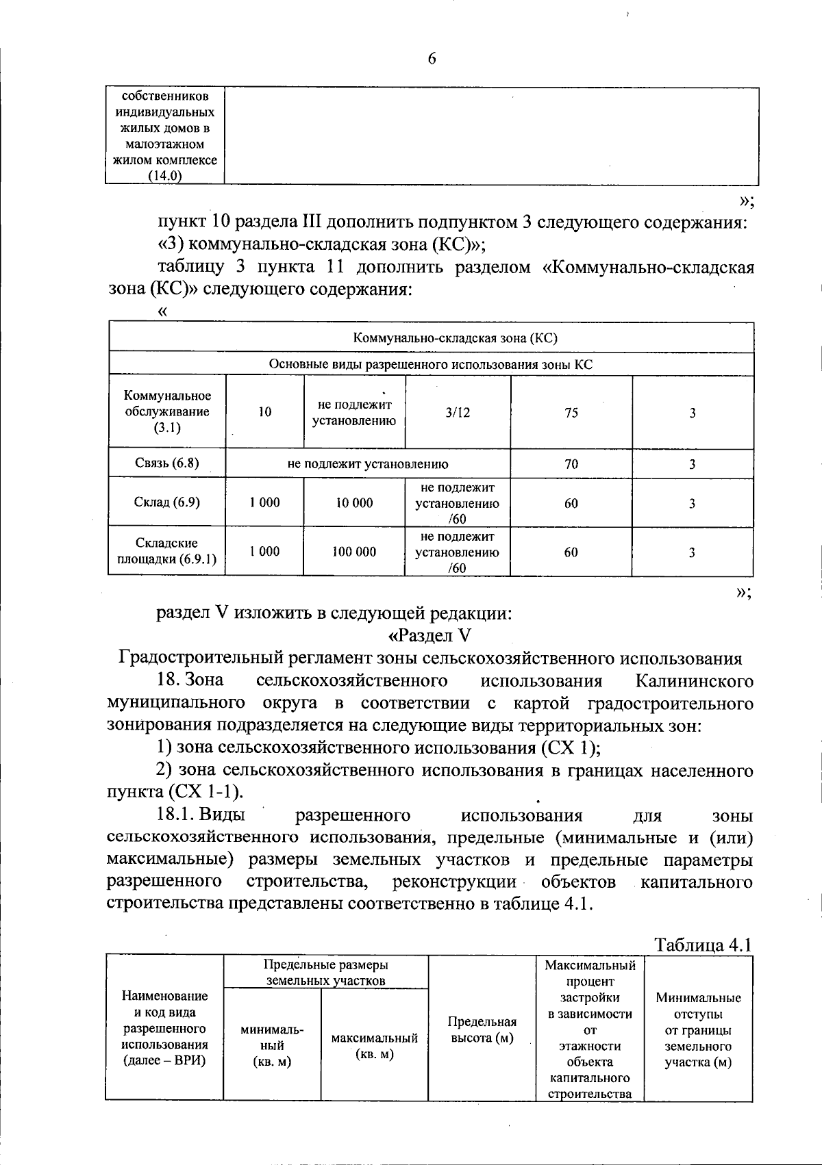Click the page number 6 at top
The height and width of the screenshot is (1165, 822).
pyautogui.click(x=432, y=59)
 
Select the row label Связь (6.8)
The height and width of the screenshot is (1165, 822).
pyautogui.click(x=167, y=463)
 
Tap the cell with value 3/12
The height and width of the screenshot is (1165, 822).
pyautogui.click(x=458, y=412)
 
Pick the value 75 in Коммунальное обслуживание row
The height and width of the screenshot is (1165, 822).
pyautogui.click(x=571, y=412)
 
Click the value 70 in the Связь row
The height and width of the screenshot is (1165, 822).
pyautogui.click(x=571, y=463)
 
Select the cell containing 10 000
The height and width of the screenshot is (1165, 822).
pyautogui.click(x=354, y=502)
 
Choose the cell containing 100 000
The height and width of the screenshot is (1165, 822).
pyautogui.click(x=354, y=552)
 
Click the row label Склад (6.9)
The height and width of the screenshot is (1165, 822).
pyautogui.click(x=167, y=502)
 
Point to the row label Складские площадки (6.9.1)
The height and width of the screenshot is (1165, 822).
pyautogui.click(x=167, y=552)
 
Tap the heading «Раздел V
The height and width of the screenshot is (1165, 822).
pyautogui.click(x=430, y=636)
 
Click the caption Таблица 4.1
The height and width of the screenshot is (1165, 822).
pyautogui.click(x=703, y=945)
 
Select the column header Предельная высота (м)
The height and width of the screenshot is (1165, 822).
pyautogui.click(x=481, y=1029)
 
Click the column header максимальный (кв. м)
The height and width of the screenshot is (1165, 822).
pyautogui.click(x=374, y=1046)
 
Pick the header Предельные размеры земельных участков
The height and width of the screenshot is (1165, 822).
pyautogui.click(x=326, y=973)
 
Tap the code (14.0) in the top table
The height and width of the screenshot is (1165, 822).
pyautogui.click(x=165, y=177)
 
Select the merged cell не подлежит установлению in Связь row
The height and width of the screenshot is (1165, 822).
pyautogui.click(x=368, y=463)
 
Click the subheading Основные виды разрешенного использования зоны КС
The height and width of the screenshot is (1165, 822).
pyautogui.click(x=431, y=364)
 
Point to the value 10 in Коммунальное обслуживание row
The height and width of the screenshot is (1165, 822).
pyautogui.click(x=265, y=412)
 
